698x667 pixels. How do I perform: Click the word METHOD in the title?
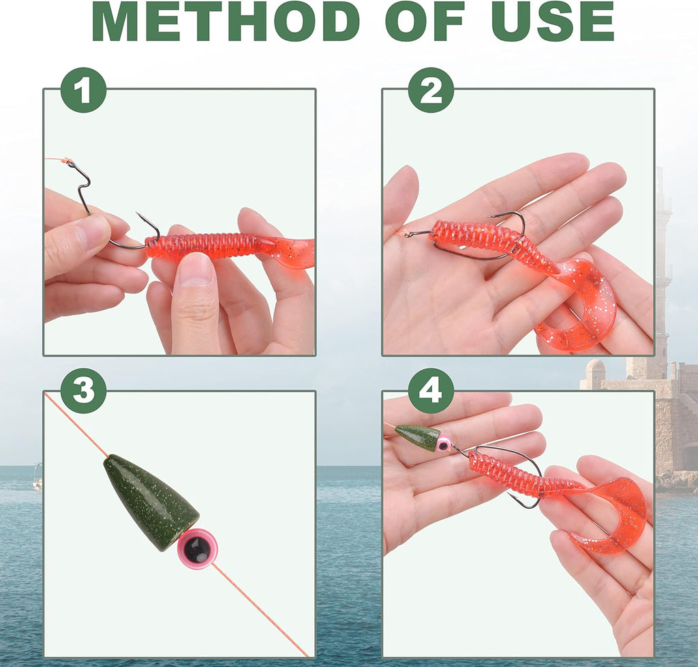[227, 21]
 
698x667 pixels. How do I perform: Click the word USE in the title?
[552, 21]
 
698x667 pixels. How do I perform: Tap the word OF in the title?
[425, 21]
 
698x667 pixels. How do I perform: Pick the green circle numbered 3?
[84, 391]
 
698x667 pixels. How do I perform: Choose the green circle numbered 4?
[431, 391]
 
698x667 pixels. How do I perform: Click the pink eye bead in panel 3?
[198, 545]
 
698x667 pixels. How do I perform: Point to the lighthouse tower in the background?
[663, 267]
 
